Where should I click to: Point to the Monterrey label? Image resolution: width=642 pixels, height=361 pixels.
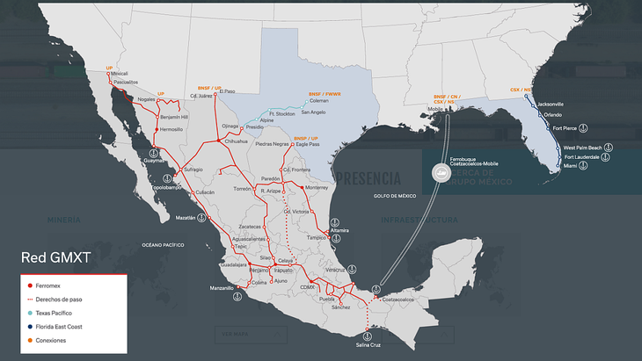[x=317, y=187]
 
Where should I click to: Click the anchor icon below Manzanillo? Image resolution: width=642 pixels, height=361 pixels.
[x=236, y=299]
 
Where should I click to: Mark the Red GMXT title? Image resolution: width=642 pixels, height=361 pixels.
[x=55, y=257]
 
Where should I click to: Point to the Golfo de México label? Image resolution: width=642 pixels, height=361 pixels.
[x=393, y=196]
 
